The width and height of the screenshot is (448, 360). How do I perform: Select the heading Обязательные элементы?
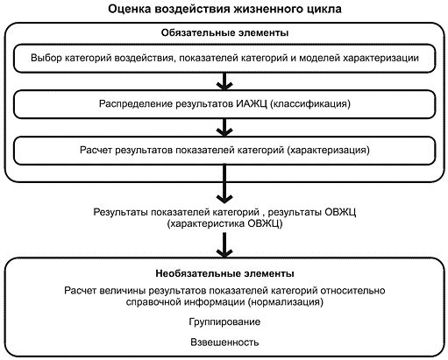[224, 32]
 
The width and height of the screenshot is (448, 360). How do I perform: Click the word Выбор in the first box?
[46, 58]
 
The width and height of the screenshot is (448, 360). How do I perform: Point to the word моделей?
[319, 58]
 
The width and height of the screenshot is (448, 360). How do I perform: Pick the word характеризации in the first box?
[380, 58]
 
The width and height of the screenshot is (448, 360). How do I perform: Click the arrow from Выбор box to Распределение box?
[224, 81]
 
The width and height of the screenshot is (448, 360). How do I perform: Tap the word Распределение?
[136, 104]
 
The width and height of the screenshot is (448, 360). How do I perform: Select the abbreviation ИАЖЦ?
[252, 104]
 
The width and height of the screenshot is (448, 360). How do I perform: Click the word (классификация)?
[310, 104]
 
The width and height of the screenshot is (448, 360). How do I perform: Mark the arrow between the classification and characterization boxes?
[224, 127]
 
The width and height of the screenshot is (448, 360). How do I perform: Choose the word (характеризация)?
[328, 150]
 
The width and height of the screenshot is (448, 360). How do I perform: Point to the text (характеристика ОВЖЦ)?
[224, 224]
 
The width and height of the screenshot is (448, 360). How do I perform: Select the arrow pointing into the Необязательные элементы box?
[224, 245]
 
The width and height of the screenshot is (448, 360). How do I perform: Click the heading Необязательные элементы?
[224, 273]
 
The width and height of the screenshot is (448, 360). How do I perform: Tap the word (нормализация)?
[286, 301]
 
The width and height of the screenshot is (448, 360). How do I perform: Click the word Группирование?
[224, 322]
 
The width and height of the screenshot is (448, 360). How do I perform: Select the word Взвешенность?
[224, 342]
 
